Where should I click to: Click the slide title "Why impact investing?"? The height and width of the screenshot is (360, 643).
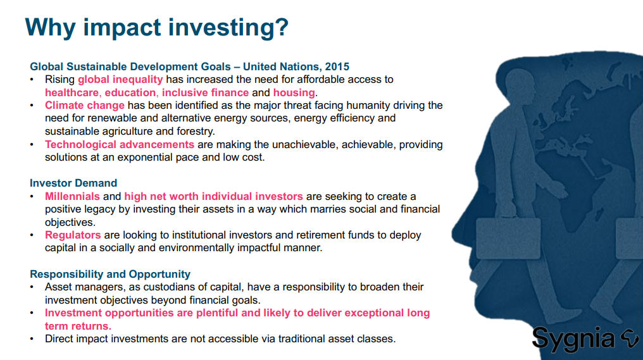click(157, 28)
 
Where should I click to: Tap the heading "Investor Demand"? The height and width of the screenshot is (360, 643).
click(73, 183)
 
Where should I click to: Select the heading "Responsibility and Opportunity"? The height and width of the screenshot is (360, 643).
click(110, 274)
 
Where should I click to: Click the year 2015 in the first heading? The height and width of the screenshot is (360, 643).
click(337, 66)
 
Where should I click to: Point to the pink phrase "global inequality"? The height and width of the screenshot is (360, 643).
click(120, 80)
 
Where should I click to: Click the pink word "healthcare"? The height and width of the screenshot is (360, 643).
click(72, 92)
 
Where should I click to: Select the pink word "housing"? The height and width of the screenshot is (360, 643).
click(294, 92)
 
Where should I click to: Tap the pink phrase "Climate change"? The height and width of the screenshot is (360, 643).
click(84, 106)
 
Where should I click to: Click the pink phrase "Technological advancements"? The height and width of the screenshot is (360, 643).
click(120, 144)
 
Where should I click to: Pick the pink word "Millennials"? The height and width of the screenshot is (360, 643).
click(72, 196)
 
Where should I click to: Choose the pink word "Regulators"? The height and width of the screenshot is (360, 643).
click(73, 235)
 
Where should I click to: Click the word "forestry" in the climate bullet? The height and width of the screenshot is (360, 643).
click(195, 132)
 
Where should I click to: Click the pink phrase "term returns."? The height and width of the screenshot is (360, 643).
click(78, 326)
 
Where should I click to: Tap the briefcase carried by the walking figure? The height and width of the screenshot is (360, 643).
click(508, 238)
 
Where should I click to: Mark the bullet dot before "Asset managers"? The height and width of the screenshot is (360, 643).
click(32, 287)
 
